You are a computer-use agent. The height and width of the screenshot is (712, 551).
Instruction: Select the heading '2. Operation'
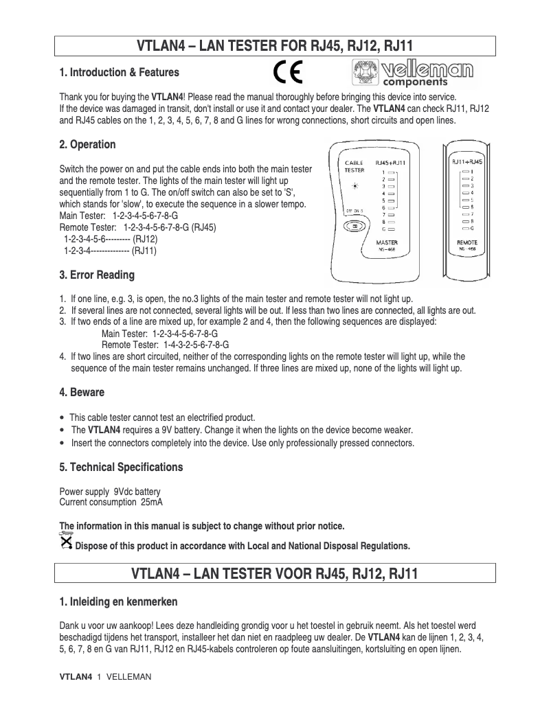[x=87, y=145]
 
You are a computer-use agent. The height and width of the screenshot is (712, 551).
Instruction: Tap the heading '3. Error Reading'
[x=97, y=275]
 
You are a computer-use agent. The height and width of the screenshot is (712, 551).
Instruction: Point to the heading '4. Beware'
[x=82, y=393]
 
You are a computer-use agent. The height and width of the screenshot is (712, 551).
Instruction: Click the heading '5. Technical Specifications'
[x=121, y=468]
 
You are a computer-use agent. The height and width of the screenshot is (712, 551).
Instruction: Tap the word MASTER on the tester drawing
[x=387, y=243]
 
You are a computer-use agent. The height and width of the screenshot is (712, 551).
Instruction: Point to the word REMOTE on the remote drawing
[x=467, y=243]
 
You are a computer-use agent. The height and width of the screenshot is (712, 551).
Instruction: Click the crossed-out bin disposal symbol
[x=66, y=541]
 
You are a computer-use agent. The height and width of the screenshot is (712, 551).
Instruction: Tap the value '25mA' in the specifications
[x=152, y=503]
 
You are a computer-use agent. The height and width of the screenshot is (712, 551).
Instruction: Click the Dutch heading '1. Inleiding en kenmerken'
[x=118, y=602]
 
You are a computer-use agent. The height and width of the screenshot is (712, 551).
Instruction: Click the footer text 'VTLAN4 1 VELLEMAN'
[x=105, y=677]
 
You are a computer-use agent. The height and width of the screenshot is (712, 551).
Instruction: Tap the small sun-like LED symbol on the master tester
[x=355, y=186]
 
